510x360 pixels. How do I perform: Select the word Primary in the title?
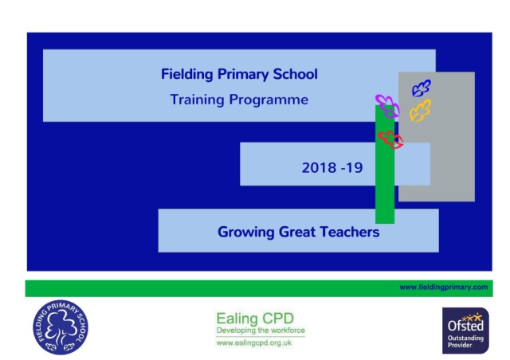(243, 75)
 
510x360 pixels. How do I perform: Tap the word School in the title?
(296, 74)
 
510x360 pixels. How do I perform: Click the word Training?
(197, 100)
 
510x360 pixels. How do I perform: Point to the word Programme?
(269, 100)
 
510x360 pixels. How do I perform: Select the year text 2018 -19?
(332, 168)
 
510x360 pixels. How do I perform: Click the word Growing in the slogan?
(246, 233)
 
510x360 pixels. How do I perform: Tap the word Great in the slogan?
(297, 232)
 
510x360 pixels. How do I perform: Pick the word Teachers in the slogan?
(350, 232)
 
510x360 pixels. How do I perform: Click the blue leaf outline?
(422, 88)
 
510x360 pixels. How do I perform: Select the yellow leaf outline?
(420, 111)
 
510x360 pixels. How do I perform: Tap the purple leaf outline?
(387, 106)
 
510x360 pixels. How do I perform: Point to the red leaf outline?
(390, 140)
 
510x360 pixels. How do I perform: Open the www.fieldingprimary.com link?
(444, 288)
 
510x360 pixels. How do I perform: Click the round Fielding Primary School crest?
(61, 327)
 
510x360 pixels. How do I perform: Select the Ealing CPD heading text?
(255, 319)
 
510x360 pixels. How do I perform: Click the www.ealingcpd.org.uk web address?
(254, 343)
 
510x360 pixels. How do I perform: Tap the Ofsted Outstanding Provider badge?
(465, 331)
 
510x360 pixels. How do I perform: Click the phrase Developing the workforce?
(261, 331)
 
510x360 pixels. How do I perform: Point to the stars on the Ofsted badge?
(472, 317)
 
